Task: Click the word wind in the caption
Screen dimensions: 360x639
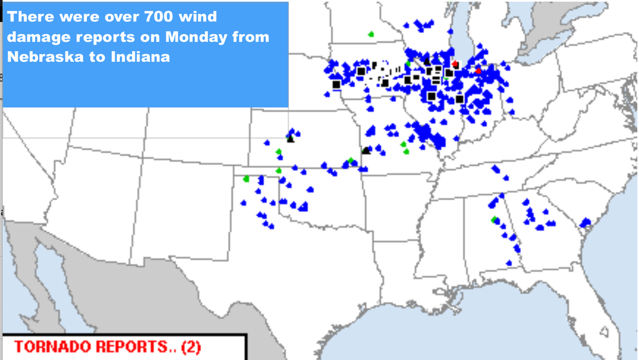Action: (x=199, y=17)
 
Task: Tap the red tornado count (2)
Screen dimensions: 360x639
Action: (x=191, y=347)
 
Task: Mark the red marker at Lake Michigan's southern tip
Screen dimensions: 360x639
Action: (x=455, y=64)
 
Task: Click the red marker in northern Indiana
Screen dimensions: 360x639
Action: (x=478, y=71)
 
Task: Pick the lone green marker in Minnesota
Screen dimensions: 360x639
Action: (x=371, y=35)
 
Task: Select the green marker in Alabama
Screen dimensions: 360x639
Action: (x=494, y=219)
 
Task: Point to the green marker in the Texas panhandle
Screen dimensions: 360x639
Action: (x=246, y=179)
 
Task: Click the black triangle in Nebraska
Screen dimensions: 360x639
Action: (x=290, y=139)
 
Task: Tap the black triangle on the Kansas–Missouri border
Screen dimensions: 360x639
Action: (x=366, y=151)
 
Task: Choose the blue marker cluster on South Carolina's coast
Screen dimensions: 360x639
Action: (x=586, y=222)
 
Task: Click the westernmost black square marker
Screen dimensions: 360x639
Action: (x=336, y=84)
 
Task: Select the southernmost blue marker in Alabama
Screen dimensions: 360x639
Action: (x=509, y=263)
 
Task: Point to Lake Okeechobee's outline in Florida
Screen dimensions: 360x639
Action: (x=604, y=332)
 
